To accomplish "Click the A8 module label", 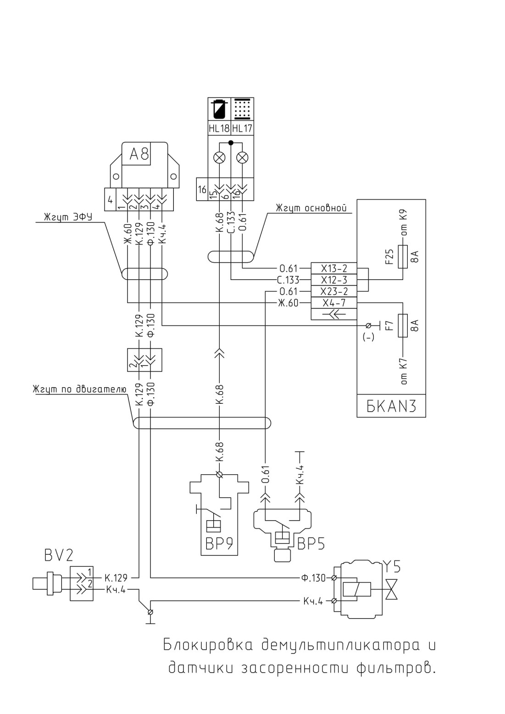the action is (139, 154).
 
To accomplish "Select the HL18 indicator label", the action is (219, 128).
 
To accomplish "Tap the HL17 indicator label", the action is (242, 128).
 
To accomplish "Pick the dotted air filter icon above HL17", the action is (242, 109).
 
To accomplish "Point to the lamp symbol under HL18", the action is (220, 158).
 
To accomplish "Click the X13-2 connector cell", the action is (334, 269).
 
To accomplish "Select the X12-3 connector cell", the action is (334, 280).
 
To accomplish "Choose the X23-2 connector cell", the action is (334, 291).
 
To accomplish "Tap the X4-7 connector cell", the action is (334, 302).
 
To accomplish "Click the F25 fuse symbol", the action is (403, 257).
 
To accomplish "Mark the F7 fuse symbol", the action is (403, 325).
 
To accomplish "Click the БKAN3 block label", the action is (391, 407).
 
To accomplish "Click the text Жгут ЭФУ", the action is (68, 217).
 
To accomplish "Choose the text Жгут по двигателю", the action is (79, 389).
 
